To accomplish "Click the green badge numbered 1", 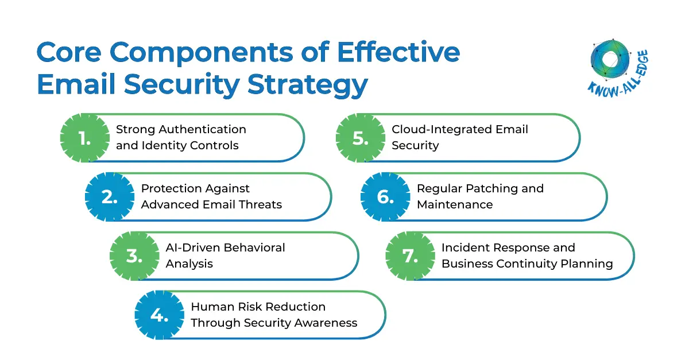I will point(84,138).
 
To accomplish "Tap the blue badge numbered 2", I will point(109,197).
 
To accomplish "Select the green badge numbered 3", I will point(134,256).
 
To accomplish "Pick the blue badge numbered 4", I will point(159,315).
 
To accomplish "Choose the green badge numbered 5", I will point(360,138).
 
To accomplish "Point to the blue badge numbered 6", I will point(385,197).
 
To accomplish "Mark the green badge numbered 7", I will point(410,256).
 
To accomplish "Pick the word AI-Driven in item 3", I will point(192,247).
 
